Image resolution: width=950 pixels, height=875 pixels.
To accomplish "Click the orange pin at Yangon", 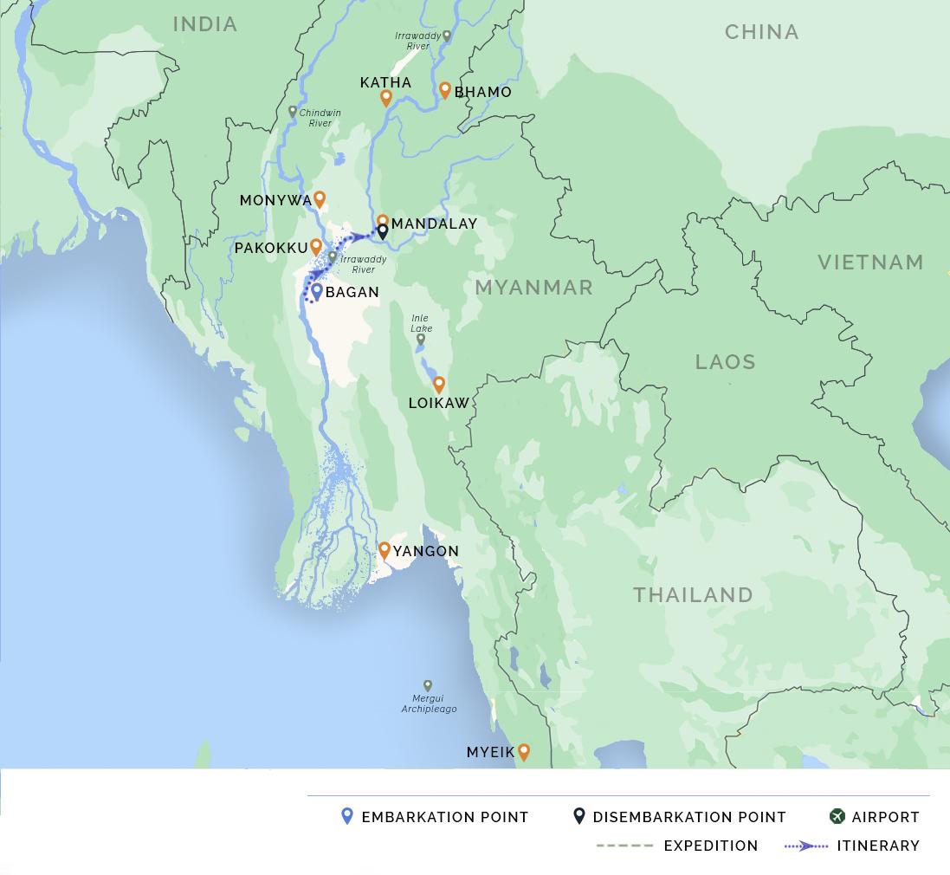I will point(385,549).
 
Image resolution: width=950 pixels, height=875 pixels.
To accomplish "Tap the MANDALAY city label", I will point(434,224).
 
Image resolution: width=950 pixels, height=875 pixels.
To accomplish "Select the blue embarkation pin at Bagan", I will point(317,291).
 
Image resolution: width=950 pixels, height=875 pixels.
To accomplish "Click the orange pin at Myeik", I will point(523,751).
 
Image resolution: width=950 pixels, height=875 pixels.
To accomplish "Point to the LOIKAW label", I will point(438,403).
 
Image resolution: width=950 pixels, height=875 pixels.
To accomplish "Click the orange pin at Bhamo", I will point(445,89).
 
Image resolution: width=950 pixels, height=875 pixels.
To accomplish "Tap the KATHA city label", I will point(385,82).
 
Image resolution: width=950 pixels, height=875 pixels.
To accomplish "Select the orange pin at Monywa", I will point(320,198).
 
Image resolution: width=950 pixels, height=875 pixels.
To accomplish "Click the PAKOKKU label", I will point(271,248).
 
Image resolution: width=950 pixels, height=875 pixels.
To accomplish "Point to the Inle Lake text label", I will point(421,324).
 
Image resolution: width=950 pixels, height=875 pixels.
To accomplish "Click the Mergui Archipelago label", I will point(429,703).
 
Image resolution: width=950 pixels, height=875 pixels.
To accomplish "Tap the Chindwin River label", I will point(320,118).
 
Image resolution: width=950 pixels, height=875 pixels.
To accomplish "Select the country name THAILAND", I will point(693,594).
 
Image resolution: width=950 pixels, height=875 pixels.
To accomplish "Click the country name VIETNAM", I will point(870,262).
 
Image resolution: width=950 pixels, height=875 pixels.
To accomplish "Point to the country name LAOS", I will point(725,361).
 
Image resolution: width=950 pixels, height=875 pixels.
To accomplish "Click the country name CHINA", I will point(761,32).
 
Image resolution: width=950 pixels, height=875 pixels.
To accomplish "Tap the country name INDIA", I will point(205,24).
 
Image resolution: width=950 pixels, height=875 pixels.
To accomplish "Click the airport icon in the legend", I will point(837,816).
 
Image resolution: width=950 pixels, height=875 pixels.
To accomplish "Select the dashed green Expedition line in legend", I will point(624,846).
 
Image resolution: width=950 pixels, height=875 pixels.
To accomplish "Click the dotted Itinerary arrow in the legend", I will point(805,846).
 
